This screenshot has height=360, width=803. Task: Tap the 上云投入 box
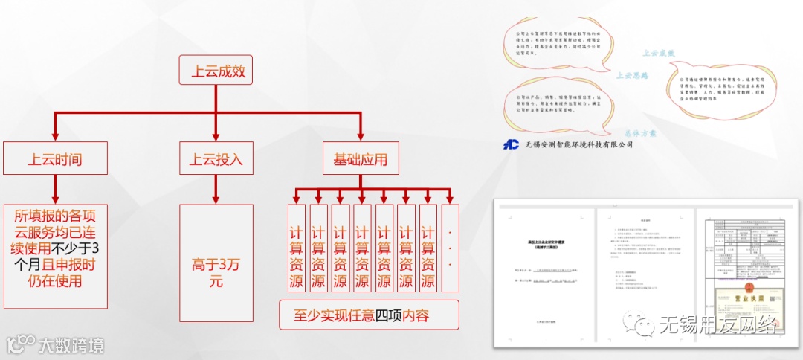216,158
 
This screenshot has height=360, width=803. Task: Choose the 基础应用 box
361,158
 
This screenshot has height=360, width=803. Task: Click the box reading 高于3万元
216,256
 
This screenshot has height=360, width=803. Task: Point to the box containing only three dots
450,247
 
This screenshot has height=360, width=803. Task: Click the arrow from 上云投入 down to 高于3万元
216,189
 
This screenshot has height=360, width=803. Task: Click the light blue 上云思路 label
633,75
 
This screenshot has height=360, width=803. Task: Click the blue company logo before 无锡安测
511,144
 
